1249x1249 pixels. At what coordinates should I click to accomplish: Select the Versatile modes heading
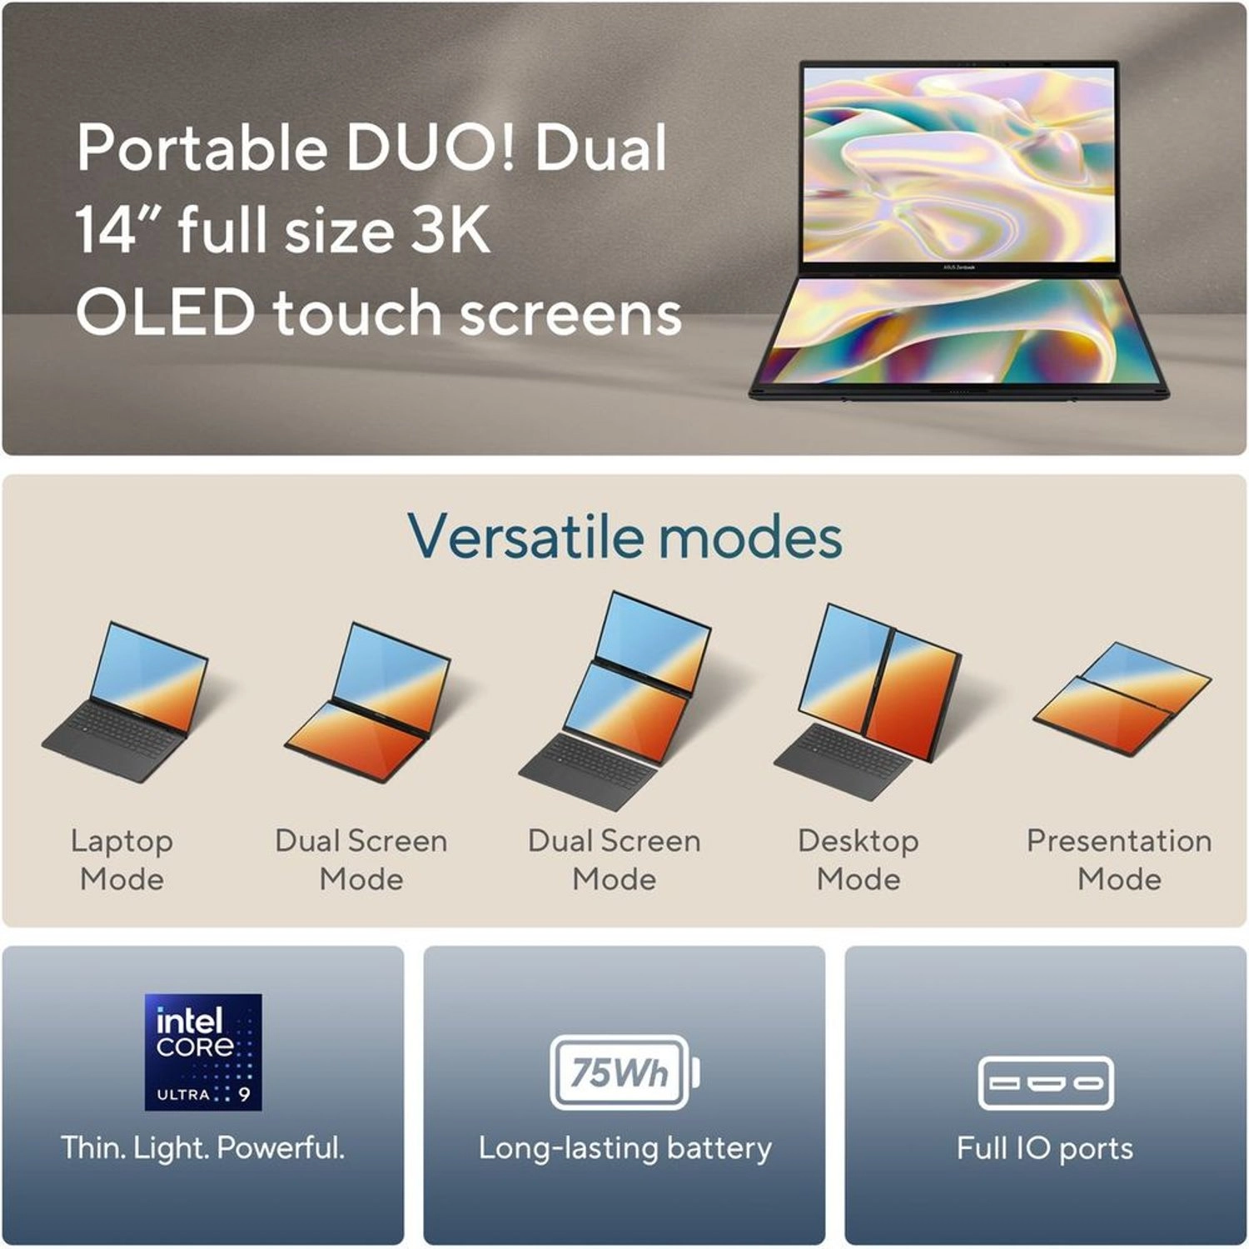pyautogui.click(x=624, y=536)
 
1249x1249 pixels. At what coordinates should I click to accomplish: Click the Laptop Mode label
pyautogui.click(x=122, y=859)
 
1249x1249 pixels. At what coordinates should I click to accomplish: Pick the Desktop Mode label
pyautogui.click(x=858, y=859)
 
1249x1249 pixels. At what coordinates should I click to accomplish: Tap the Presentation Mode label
pyautogui.click(x=1119, y=859)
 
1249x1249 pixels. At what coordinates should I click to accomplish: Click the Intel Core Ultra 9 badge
pyautogui.click(x=203, y=1052)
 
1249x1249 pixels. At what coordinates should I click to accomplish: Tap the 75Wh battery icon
pyautogui.click(x=624, y=1072)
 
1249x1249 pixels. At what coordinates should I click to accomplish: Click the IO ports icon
pyautogui.click(x=1046, y=1082)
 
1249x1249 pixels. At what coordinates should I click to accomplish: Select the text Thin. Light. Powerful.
pyautogui.click(x=203, y=1147)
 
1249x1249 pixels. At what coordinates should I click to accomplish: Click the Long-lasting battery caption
pyautogui.click(x=624, y=1147)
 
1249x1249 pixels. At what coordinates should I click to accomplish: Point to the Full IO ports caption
pyautogui.click(x=1045, y=1148)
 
